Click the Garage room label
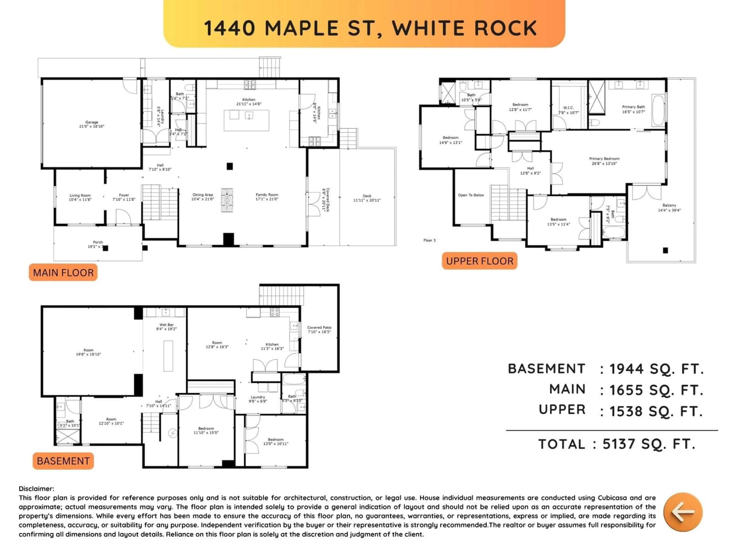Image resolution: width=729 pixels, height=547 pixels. pos(92,124)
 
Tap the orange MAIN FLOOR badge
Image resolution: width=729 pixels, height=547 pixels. pos(63,273)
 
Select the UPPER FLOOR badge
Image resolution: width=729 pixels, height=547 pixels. pos(480,261)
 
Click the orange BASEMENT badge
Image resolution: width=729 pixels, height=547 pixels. pos(63,461)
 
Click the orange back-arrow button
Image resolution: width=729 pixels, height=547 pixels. pos(683,512)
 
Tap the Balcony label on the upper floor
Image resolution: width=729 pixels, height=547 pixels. pos(669,207)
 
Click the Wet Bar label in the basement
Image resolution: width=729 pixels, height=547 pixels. pos(166,327)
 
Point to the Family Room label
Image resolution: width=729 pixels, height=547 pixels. pos(267,197)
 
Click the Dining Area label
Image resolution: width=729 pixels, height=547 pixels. pos(203,197)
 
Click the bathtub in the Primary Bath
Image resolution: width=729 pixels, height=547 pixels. pos(658,111)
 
